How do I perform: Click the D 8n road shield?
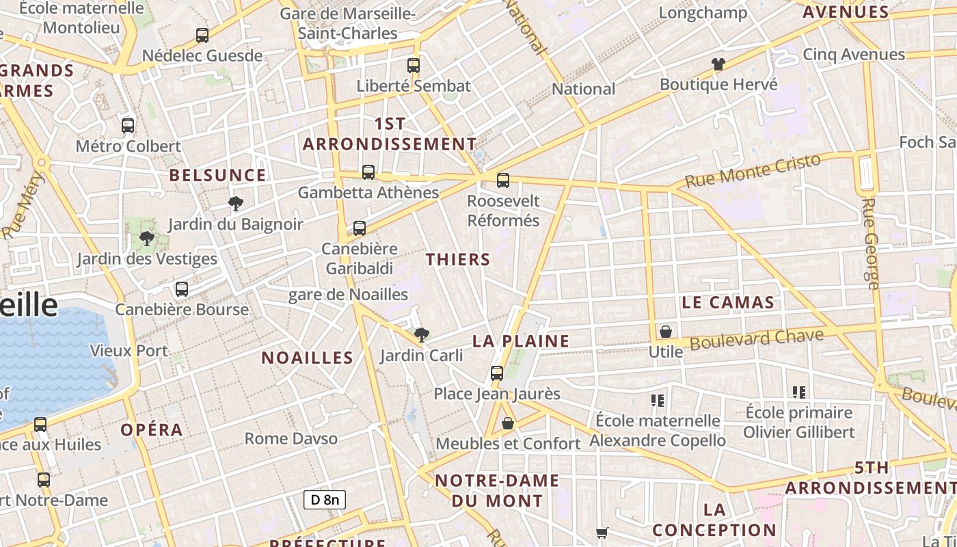[x=325, y=500]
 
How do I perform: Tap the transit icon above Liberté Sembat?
[x=414, y=66]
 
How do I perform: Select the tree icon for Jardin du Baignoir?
[x=236, y=203]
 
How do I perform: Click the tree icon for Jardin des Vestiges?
[x=146, y=239]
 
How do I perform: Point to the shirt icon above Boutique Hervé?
[x=718, y=65]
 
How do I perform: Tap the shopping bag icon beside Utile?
[x=665, y=332]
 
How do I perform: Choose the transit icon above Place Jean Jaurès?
[x=497, y=373]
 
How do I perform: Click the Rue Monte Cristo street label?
[x=752, y=172]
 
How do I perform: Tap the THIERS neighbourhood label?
[x=458, y=259]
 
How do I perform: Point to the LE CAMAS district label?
[x=728, y=302]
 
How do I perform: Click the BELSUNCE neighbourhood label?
[x=217, y=175]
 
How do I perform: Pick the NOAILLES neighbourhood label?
[x=308, y=358]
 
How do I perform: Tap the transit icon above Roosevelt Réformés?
[x=503, y=181]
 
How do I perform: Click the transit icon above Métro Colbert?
[x=128, y=126]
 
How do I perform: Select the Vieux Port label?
[x=129, y=351]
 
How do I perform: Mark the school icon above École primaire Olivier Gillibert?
[x=799, y=392]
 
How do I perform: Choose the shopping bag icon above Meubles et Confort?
[x=508, y=424]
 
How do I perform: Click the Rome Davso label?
[x=291, y=438]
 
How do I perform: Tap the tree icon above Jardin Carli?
[x=422, y=334]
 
